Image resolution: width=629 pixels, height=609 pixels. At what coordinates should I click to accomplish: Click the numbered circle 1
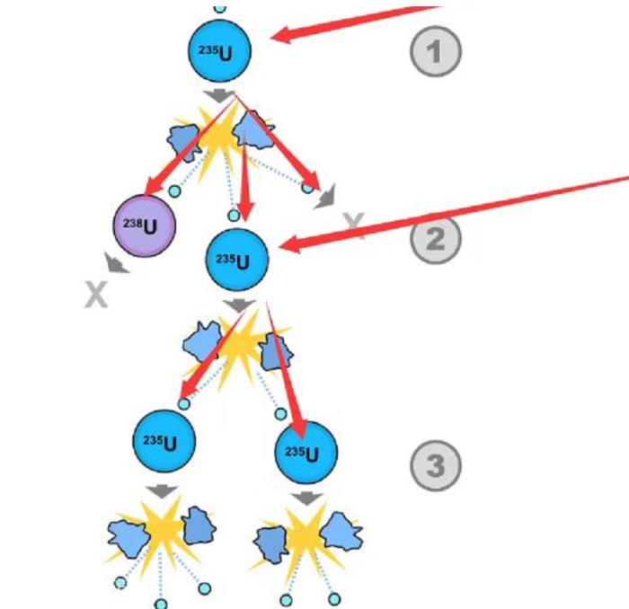tap(436, 51)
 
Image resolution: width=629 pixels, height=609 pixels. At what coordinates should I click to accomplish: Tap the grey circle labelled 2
tap(436, 239)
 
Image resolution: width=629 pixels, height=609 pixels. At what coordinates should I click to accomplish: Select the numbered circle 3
tap(436, 466)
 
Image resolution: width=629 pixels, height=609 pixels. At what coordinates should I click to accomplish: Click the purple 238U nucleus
tap(144, 225)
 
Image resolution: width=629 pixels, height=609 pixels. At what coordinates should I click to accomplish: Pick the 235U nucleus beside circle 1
tap(219, 51)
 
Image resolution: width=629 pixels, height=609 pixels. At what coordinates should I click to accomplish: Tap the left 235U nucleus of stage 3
tap(164, 442)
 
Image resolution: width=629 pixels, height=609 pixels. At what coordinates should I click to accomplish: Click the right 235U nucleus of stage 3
tap(306, 452)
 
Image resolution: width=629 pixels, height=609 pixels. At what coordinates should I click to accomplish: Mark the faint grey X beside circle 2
tap(356, 227)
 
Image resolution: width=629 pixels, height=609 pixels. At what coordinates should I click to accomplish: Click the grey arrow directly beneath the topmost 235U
tap(218, 95)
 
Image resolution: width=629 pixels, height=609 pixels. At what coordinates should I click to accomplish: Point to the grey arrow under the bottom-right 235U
tap(306, 497)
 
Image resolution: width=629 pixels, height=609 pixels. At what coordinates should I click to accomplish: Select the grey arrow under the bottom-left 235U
tap(163, 491)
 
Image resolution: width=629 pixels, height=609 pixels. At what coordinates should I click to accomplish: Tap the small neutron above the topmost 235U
tap(219, 7)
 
